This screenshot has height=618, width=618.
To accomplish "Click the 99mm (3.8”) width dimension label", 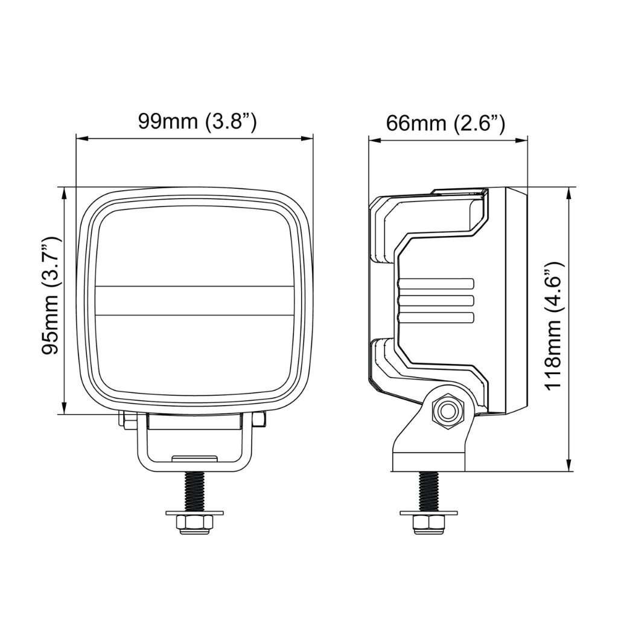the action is point(197,121).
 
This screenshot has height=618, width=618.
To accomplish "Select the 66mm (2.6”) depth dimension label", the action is point(445,123).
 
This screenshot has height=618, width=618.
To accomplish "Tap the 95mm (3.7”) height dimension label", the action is point(51,296).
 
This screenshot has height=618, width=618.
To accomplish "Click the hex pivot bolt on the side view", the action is point(447,412).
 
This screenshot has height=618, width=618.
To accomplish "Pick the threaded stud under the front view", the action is point(194,491).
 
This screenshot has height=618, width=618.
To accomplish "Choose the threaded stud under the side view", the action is point(428,491).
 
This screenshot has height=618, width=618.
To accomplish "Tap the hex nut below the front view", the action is point(194,524).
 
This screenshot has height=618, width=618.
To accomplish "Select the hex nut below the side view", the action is point(428,524).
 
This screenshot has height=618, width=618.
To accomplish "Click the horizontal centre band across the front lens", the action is point(195,300).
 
